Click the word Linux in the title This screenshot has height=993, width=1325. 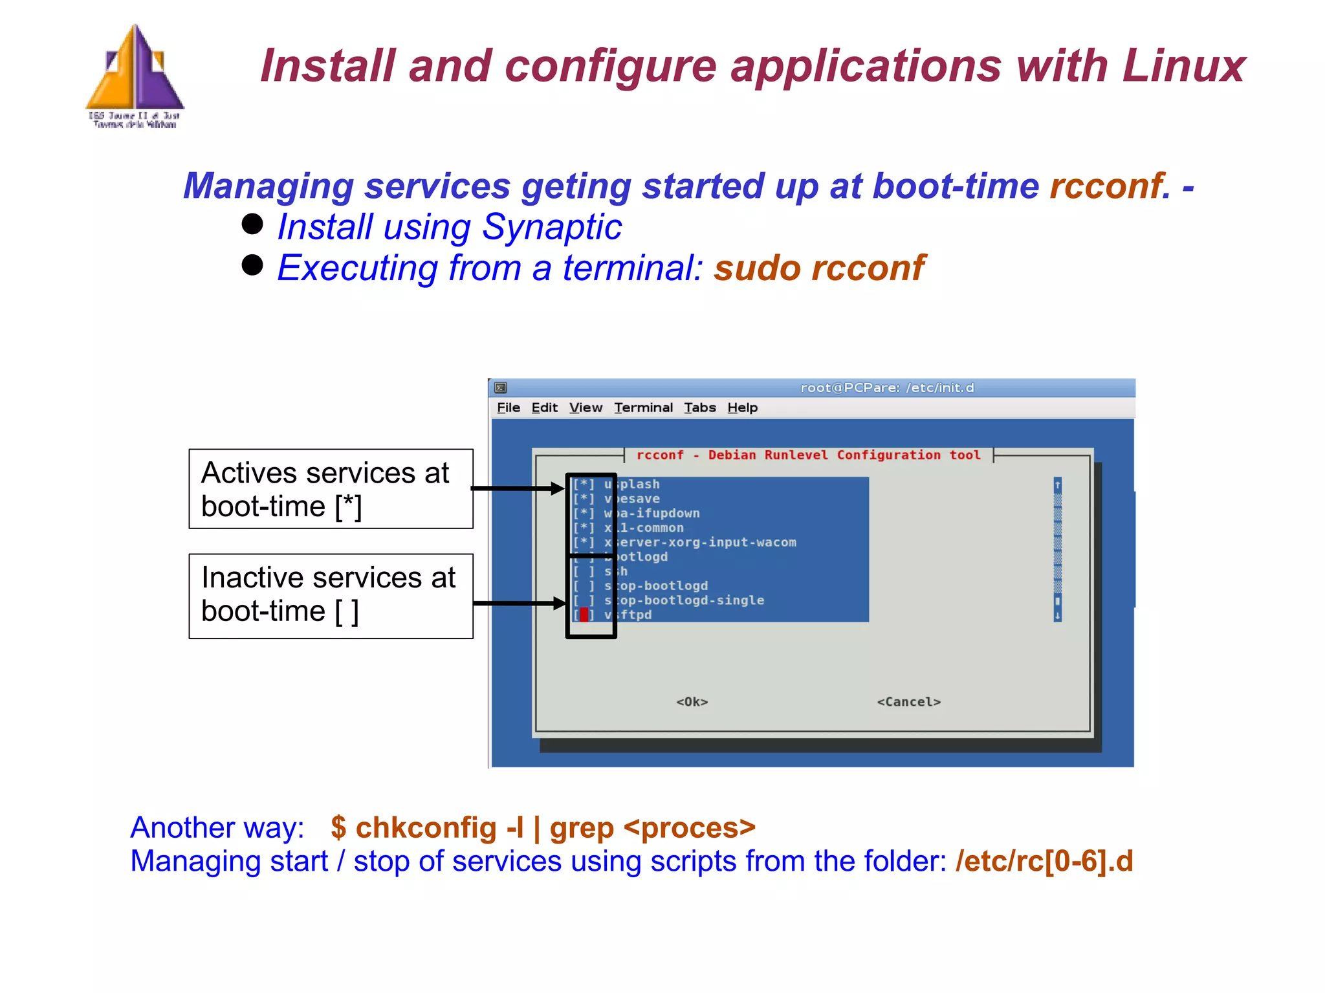coord(1183,66)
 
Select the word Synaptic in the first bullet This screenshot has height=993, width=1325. coord(551,227)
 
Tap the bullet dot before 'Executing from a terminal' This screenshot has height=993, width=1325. coord(252,265)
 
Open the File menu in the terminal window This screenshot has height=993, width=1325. coord(508,408)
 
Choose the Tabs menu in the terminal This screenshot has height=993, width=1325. coord(699,408)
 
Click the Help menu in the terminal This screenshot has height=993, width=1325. coord(742,408)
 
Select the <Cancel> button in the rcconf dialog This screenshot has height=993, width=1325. coord(908,702)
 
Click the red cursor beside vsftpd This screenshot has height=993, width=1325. coord(584,615)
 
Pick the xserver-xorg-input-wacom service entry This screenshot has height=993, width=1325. coord(702,542)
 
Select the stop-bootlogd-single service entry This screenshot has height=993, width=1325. coord(686,600)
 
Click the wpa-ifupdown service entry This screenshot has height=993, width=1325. coord(653,513)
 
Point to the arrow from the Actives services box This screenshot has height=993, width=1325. coord(518,488)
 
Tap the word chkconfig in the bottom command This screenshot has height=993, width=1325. coord(426,827)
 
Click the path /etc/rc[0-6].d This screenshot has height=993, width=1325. coord(1044,861)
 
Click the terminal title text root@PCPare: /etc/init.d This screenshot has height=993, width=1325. coord(886,387)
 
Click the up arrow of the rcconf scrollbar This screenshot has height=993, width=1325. coord(1057,485)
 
